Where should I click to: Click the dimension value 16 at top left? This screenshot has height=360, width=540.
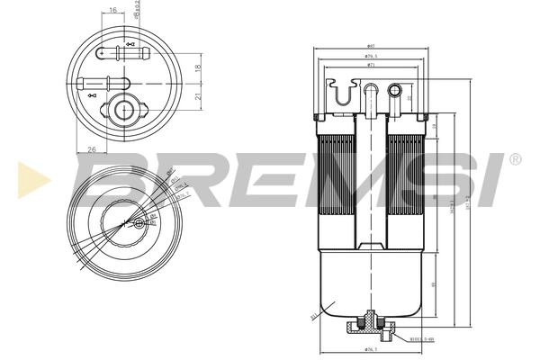point(112,11)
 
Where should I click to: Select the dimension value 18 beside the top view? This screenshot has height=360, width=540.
point(198,67)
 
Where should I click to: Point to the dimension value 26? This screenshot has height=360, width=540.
point(92,149)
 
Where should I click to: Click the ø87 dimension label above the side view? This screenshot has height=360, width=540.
point(370,46)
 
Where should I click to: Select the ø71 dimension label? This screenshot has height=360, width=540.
point(370,66)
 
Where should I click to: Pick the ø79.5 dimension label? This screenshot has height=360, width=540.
point(370,56)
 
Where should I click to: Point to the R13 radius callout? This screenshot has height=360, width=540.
point(314,316)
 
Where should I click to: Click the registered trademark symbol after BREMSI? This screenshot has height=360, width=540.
point(514,159)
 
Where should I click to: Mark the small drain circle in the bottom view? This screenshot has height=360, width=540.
point(138,223)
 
